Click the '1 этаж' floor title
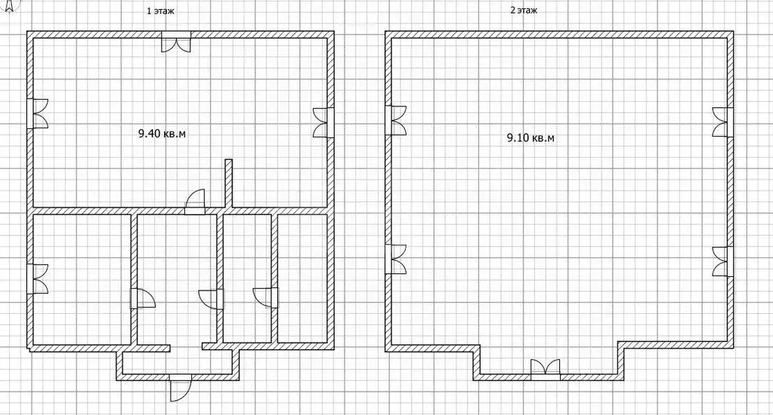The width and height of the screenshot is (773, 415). [x=161, y=11]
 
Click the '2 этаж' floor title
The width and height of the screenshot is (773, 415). [x=524, y=11]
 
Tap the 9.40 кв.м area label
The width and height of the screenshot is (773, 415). [x=162, y=134]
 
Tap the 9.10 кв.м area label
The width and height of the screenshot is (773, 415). [x=530, y=138]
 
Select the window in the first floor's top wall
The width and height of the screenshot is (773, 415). [x=176, y=41]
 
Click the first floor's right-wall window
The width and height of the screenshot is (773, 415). [x=323, y=122]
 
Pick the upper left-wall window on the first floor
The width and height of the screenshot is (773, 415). [x=38, y=113]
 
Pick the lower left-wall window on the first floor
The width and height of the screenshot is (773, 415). [x=38, y=278]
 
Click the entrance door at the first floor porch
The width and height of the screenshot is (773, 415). [x=180, y=387]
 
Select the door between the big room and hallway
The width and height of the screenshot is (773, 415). [x=195, y=201]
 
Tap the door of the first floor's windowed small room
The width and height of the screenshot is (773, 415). [x=143, y=298]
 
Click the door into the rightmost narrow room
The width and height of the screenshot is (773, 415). [x=265, y=298]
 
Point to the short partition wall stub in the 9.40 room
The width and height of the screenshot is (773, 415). [x=228, y=183]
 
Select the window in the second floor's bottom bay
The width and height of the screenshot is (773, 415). [x=546, y=370]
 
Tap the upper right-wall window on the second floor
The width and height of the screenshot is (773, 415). [x=722, y=122]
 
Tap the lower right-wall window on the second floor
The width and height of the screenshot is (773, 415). [x=722, y=261]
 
